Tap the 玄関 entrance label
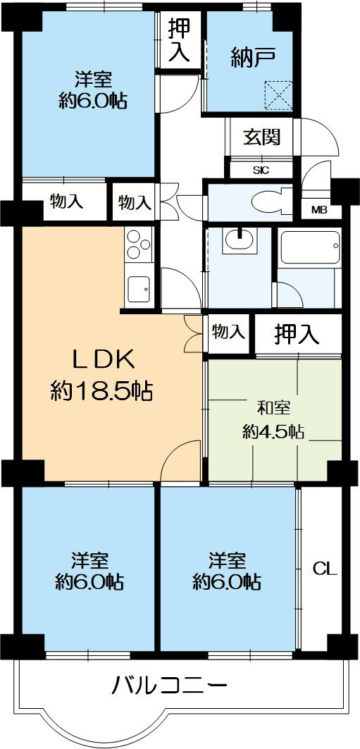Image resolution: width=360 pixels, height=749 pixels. point(262,137)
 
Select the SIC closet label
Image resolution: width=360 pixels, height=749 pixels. point(261,169)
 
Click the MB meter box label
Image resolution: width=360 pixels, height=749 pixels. point(319,209)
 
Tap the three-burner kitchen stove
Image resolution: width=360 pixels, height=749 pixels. point(138,244)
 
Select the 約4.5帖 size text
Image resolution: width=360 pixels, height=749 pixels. point(273,432)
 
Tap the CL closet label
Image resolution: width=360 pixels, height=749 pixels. point(325,568)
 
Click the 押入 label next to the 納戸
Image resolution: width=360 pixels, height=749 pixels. point(178,42)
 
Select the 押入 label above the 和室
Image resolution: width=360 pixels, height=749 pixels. point(297,334)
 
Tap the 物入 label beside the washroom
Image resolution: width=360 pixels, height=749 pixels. point(228,331)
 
